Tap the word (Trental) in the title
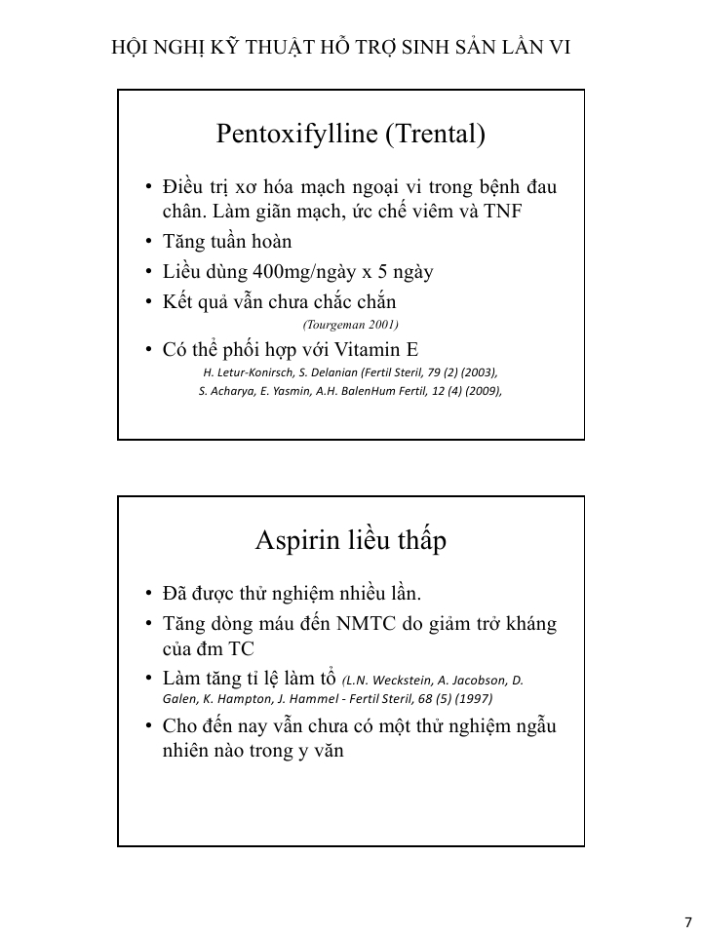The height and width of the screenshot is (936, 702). [x=435, y=134]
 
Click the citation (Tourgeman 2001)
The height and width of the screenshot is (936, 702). [x=351, y=324]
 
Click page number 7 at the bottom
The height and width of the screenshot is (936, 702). [x=687, y=922]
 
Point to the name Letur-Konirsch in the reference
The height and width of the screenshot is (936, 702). [x=251, y=372]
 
